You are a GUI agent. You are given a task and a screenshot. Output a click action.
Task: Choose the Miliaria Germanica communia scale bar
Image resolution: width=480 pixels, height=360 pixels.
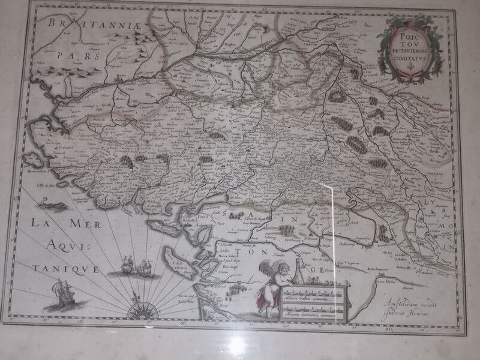(308, 310)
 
